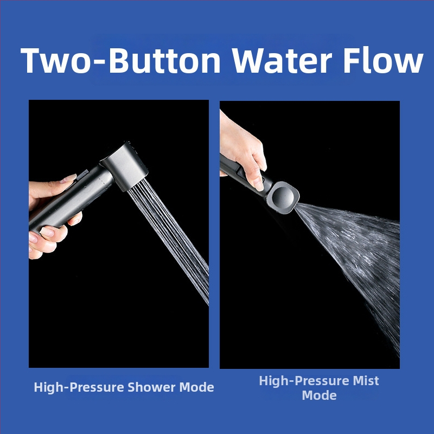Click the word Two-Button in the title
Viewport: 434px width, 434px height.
(x=120, y=61)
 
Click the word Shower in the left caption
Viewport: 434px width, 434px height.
(x=151, y=387)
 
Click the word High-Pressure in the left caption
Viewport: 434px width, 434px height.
(x=79, y=387)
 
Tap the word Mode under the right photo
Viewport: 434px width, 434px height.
(x=319, y=395)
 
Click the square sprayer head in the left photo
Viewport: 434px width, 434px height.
(x=125, y=167)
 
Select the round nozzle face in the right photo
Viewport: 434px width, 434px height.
(x=283, y=197)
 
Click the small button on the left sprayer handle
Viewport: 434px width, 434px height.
(x=82, y=175)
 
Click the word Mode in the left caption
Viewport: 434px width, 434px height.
(x=196, y=387)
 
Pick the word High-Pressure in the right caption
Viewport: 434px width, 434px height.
(x=304, y=381)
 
